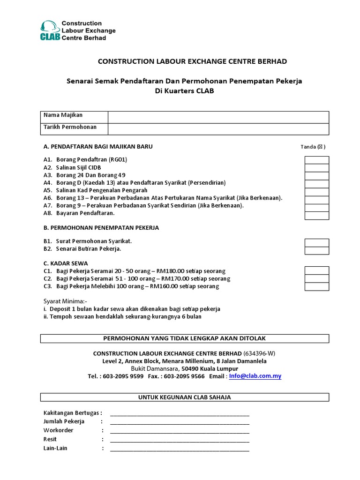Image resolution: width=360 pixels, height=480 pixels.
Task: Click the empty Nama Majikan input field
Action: (x=218, y=117)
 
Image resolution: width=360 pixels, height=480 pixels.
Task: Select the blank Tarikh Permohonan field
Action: (x=218, y=129)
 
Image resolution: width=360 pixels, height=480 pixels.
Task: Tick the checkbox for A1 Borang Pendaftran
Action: (x=317, y=160)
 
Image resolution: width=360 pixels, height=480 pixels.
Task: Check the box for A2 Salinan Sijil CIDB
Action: (x=317, y=168)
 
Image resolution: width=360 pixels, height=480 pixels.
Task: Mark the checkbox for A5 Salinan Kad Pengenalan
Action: (x=317, y=191)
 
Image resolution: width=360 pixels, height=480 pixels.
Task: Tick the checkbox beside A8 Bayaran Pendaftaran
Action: (x=317, y=215)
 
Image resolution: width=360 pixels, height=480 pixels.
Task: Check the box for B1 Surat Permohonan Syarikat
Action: (x=317, y=242)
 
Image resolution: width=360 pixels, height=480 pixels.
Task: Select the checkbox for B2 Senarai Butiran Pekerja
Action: (x=317, y=250)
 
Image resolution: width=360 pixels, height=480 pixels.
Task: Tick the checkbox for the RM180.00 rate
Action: (x=317, y=270)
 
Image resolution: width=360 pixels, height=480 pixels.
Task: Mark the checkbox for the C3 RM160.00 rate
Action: (x=317, y=286)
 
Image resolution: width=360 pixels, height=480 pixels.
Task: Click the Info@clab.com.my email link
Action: (x=255, y=376)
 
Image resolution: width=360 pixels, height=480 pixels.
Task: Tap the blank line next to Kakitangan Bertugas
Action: (x=180, y=413)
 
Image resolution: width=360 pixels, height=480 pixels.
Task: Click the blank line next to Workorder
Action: (x=180, y=431)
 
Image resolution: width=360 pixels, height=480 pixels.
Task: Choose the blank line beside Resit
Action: (x=180, y=440)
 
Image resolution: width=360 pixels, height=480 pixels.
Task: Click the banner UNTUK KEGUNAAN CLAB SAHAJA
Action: (x=184, y=397)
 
